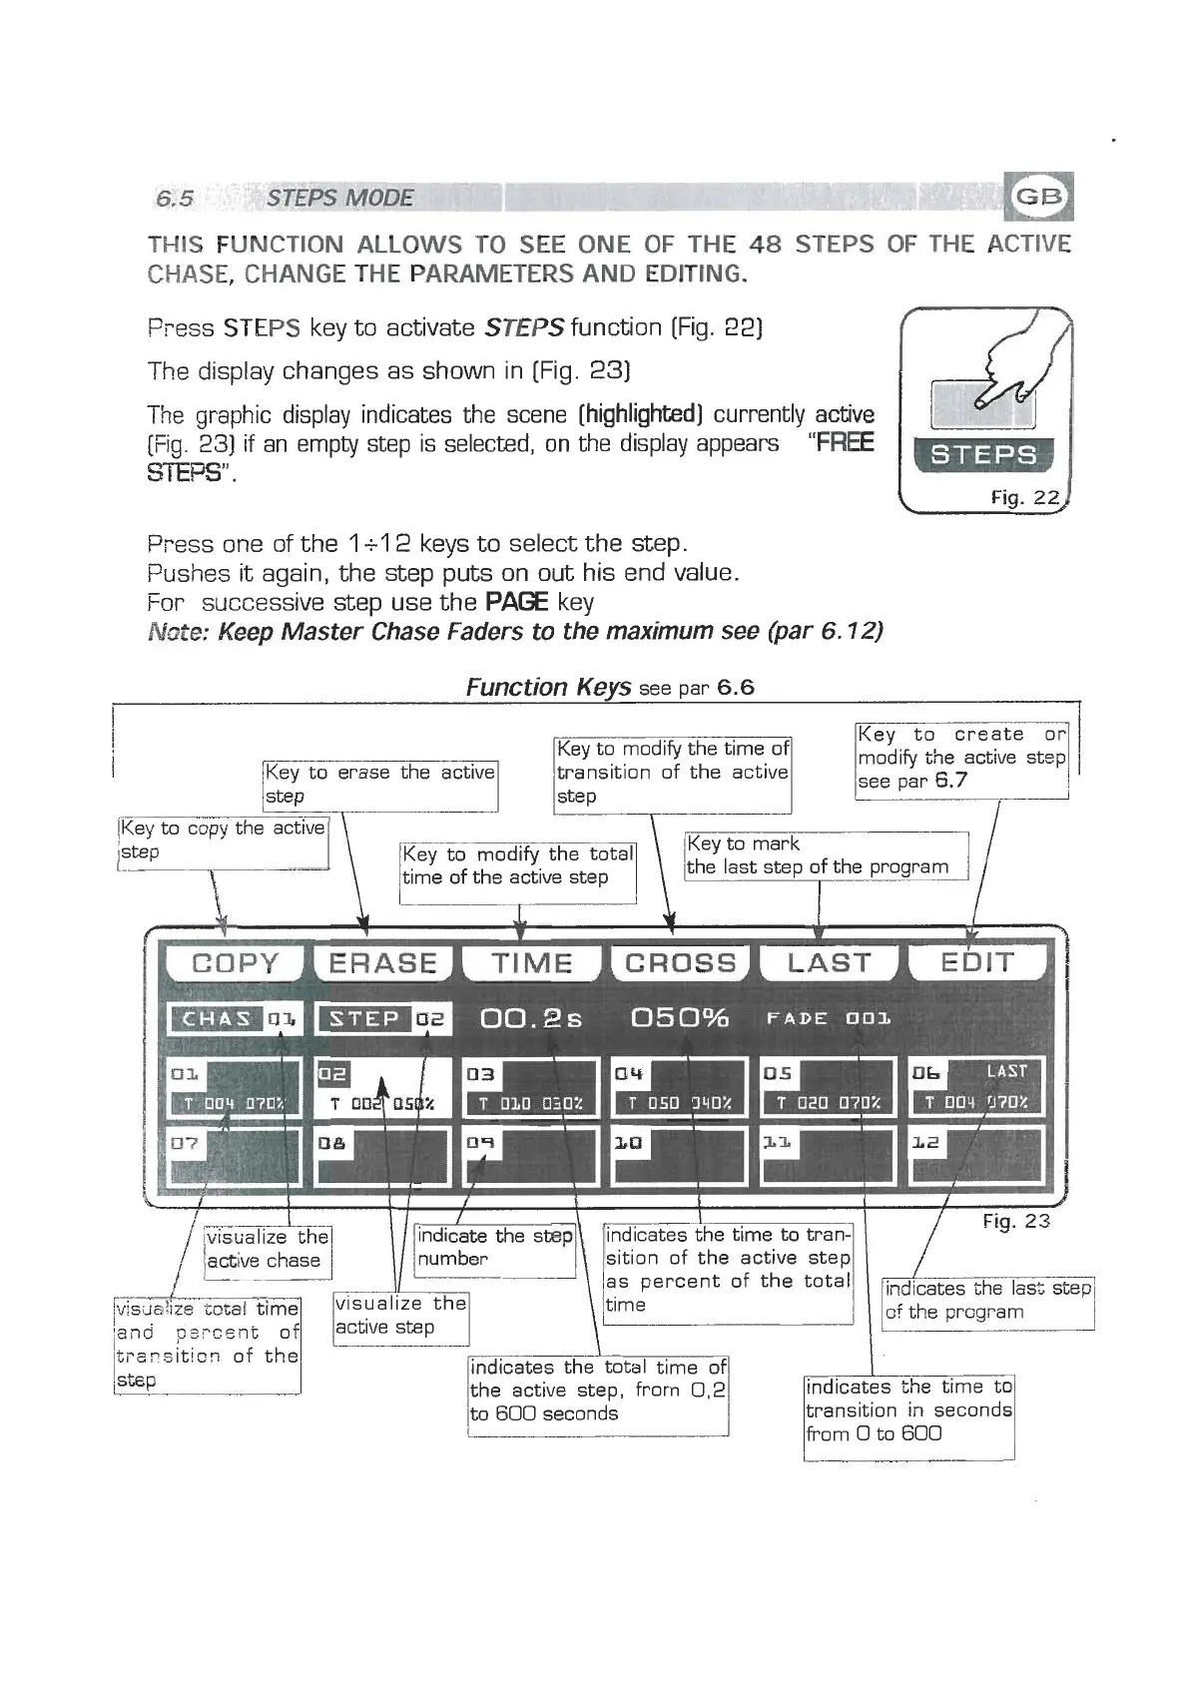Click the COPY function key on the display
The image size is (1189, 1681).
tap(235, 963)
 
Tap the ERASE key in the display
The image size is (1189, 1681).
tap(383, 963)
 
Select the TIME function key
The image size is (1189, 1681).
tap(532, 963)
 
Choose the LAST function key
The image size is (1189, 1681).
tap(830, 963)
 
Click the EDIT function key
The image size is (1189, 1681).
tap(977, 963)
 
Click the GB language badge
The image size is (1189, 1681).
tap(1040, 197)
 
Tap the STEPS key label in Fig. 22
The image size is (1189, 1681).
tap(983, 455)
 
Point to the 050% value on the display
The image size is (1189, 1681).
tap(680, 1018)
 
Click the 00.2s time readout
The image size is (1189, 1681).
tap(531, 1018)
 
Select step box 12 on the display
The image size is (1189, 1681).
tap(976, 1156)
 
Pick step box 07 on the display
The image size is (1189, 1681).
tap(235, 1156)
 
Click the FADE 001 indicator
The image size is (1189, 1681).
tap(829, 1019)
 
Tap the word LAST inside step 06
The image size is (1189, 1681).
tap(1006, 1071)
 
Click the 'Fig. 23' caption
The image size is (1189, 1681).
tap(1016, 1221)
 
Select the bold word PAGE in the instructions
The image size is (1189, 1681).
tap(516, 602)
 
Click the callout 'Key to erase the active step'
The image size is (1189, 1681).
tap(380, 785)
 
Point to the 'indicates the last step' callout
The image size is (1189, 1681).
tap(987, 1301)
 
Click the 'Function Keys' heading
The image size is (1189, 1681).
tap(548, 687)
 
